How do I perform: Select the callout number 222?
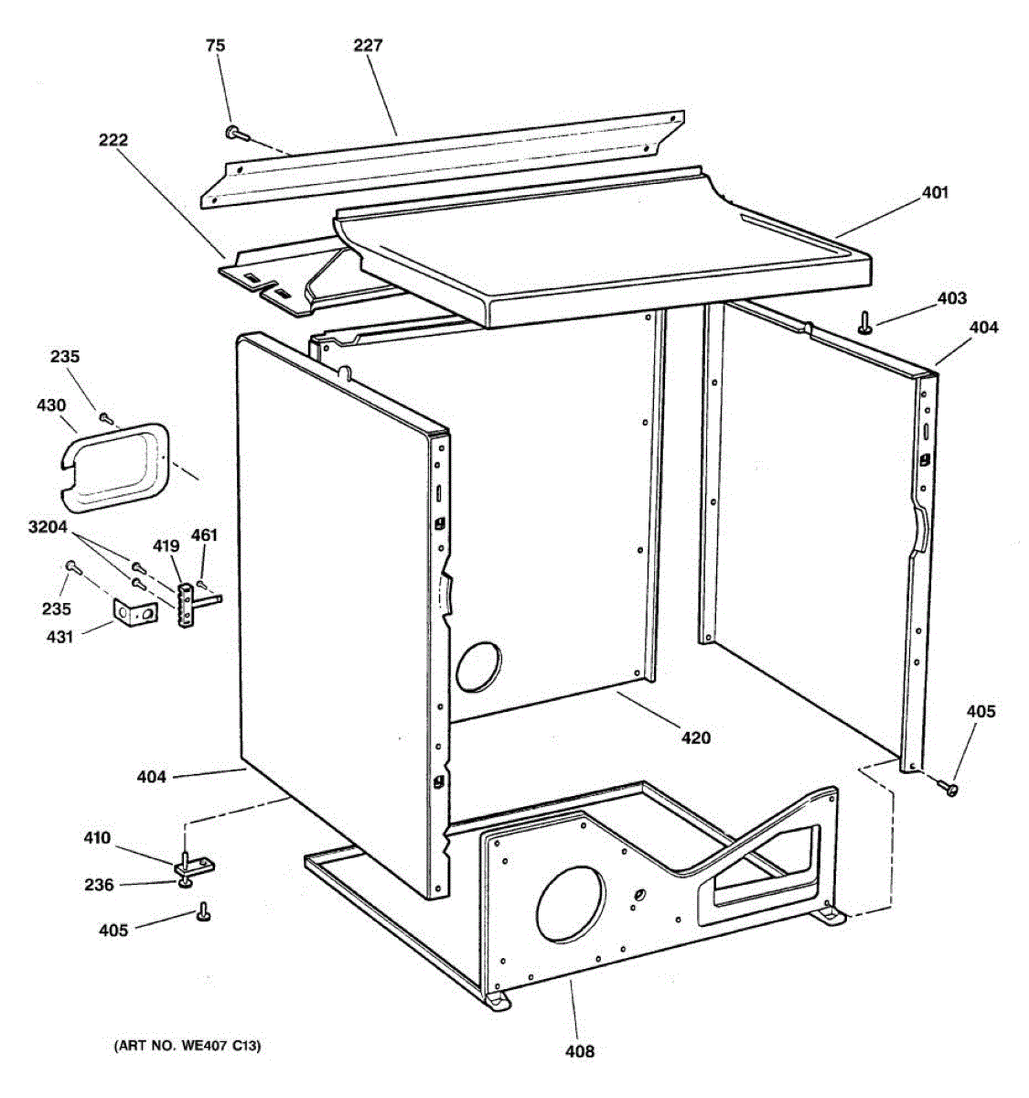click(x=113, y=140)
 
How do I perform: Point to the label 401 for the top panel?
click(x=935, y=193)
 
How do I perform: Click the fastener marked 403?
click(x=863, y=322)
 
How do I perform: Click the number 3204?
click(x=49, y=528)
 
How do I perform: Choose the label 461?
click(x=204, y=535)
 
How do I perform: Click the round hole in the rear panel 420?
click(x=479, y=665)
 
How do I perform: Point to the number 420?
click(x=695, y=737)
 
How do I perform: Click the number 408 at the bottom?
click(x=579, y=1051)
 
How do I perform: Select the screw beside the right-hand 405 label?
click(x=950, y=786)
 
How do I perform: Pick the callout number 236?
click(x=100, y=885)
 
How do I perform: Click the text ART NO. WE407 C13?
click(x=187, y=1046)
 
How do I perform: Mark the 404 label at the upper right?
click(x=984, y=328)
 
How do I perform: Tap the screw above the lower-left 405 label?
click(x=203, y=910)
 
